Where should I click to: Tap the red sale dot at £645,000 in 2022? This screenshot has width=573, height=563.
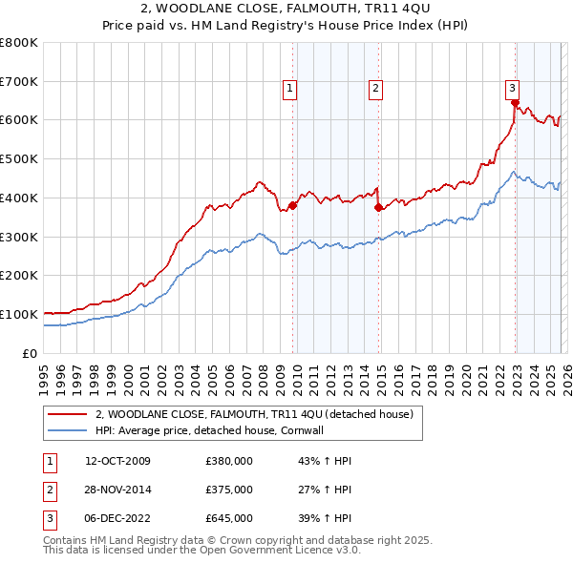click(515, 103)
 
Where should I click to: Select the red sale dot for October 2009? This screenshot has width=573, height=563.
click(292, 205)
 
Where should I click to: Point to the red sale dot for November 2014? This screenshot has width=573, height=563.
click(379, 207)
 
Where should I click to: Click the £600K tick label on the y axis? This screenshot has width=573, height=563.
click(19, 120)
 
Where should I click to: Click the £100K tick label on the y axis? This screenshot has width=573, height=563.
click(19, 314)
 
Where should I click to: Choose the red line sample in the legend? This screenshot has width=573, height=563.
click(66, 415)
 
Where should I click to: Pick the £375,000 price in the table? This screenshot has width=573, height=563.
click(228, 490)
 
